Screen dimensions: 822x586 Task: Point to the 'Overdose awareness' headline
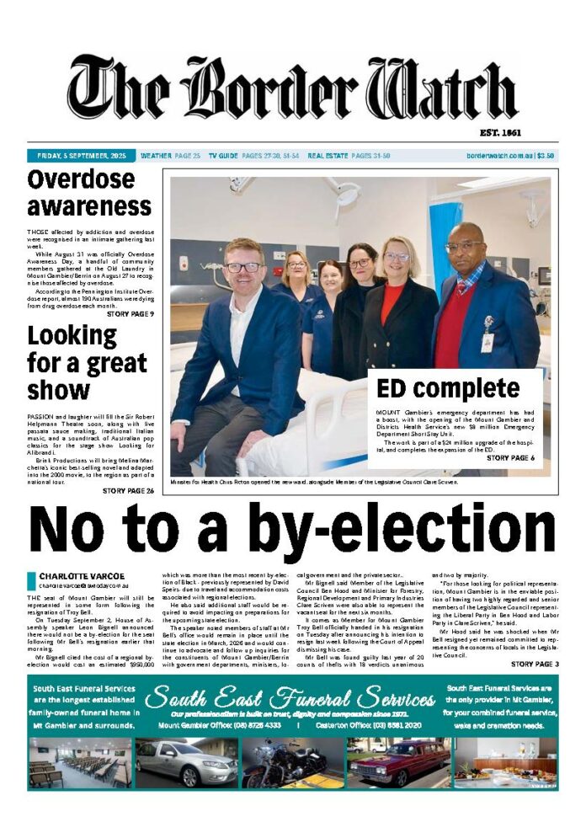coord(89,193)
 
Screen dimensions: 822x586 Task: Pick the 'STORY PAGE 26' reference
coord(128,490)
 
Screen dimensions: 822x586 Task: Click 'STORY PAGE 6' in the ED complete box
coord(510,458)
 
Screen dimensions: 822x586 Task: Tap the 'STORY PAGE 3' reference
coord(533,665)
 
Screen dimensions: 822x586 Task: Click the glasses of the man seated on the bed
coord(243,267)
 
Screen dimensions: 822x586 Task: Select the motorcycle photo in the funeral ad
coord(292,762)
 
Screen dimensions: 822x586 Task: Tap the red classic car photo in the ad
coord(398,762)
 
